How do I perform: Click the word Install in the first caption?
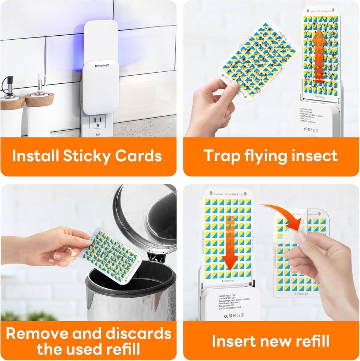click(35, 156)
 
